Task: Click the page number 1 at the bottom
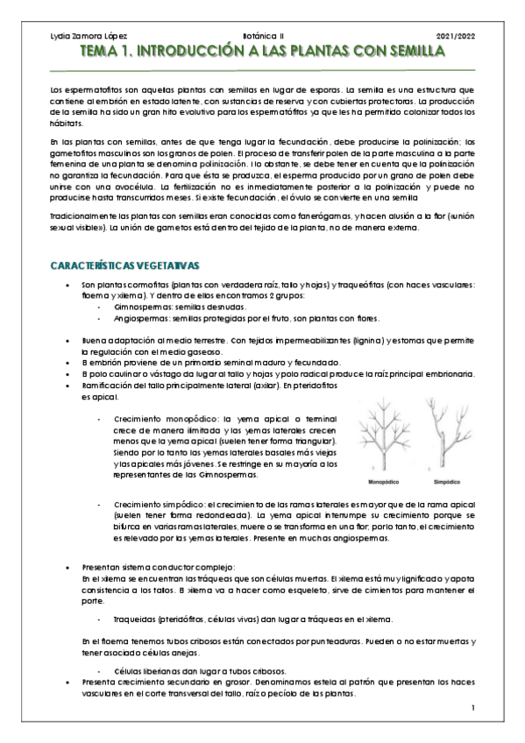(472, 708)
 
